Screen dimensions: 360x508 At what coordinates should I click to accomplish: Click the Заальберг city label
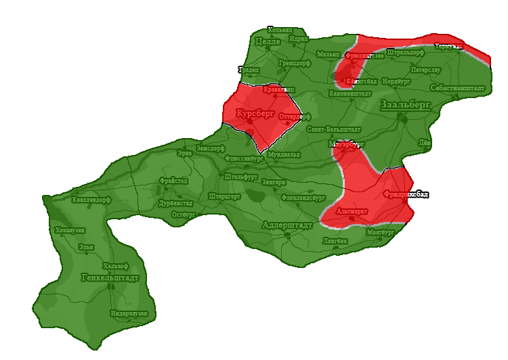[405, 105]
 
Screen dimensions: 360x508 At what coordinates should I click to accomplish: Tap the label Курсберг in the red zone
[255, 114]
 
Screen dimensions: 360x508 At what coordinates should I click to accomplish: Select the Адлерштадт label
[287, 223]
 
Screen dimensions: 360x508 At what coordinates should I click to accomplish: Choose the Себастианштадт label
[457, 89]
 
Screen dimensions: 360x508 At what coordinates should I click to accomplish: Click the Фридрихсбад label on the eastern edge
[406, 194]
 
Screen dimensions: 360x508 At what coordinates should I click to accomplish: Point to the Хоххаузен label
[70, 231]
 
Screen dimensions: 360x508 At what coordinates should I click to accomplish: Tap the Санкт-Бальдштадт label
[333, 129]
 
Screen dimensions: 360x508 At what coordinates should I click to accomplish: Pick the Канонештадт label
[350, 93]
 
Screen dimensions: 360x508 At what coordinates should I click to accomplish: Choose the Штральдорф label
[405, 51]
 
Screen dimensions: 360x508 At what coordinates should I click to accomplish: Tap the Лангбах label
[335, 240]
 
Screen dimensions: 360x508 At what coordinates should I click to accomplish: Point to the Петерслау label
[425, 69]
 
